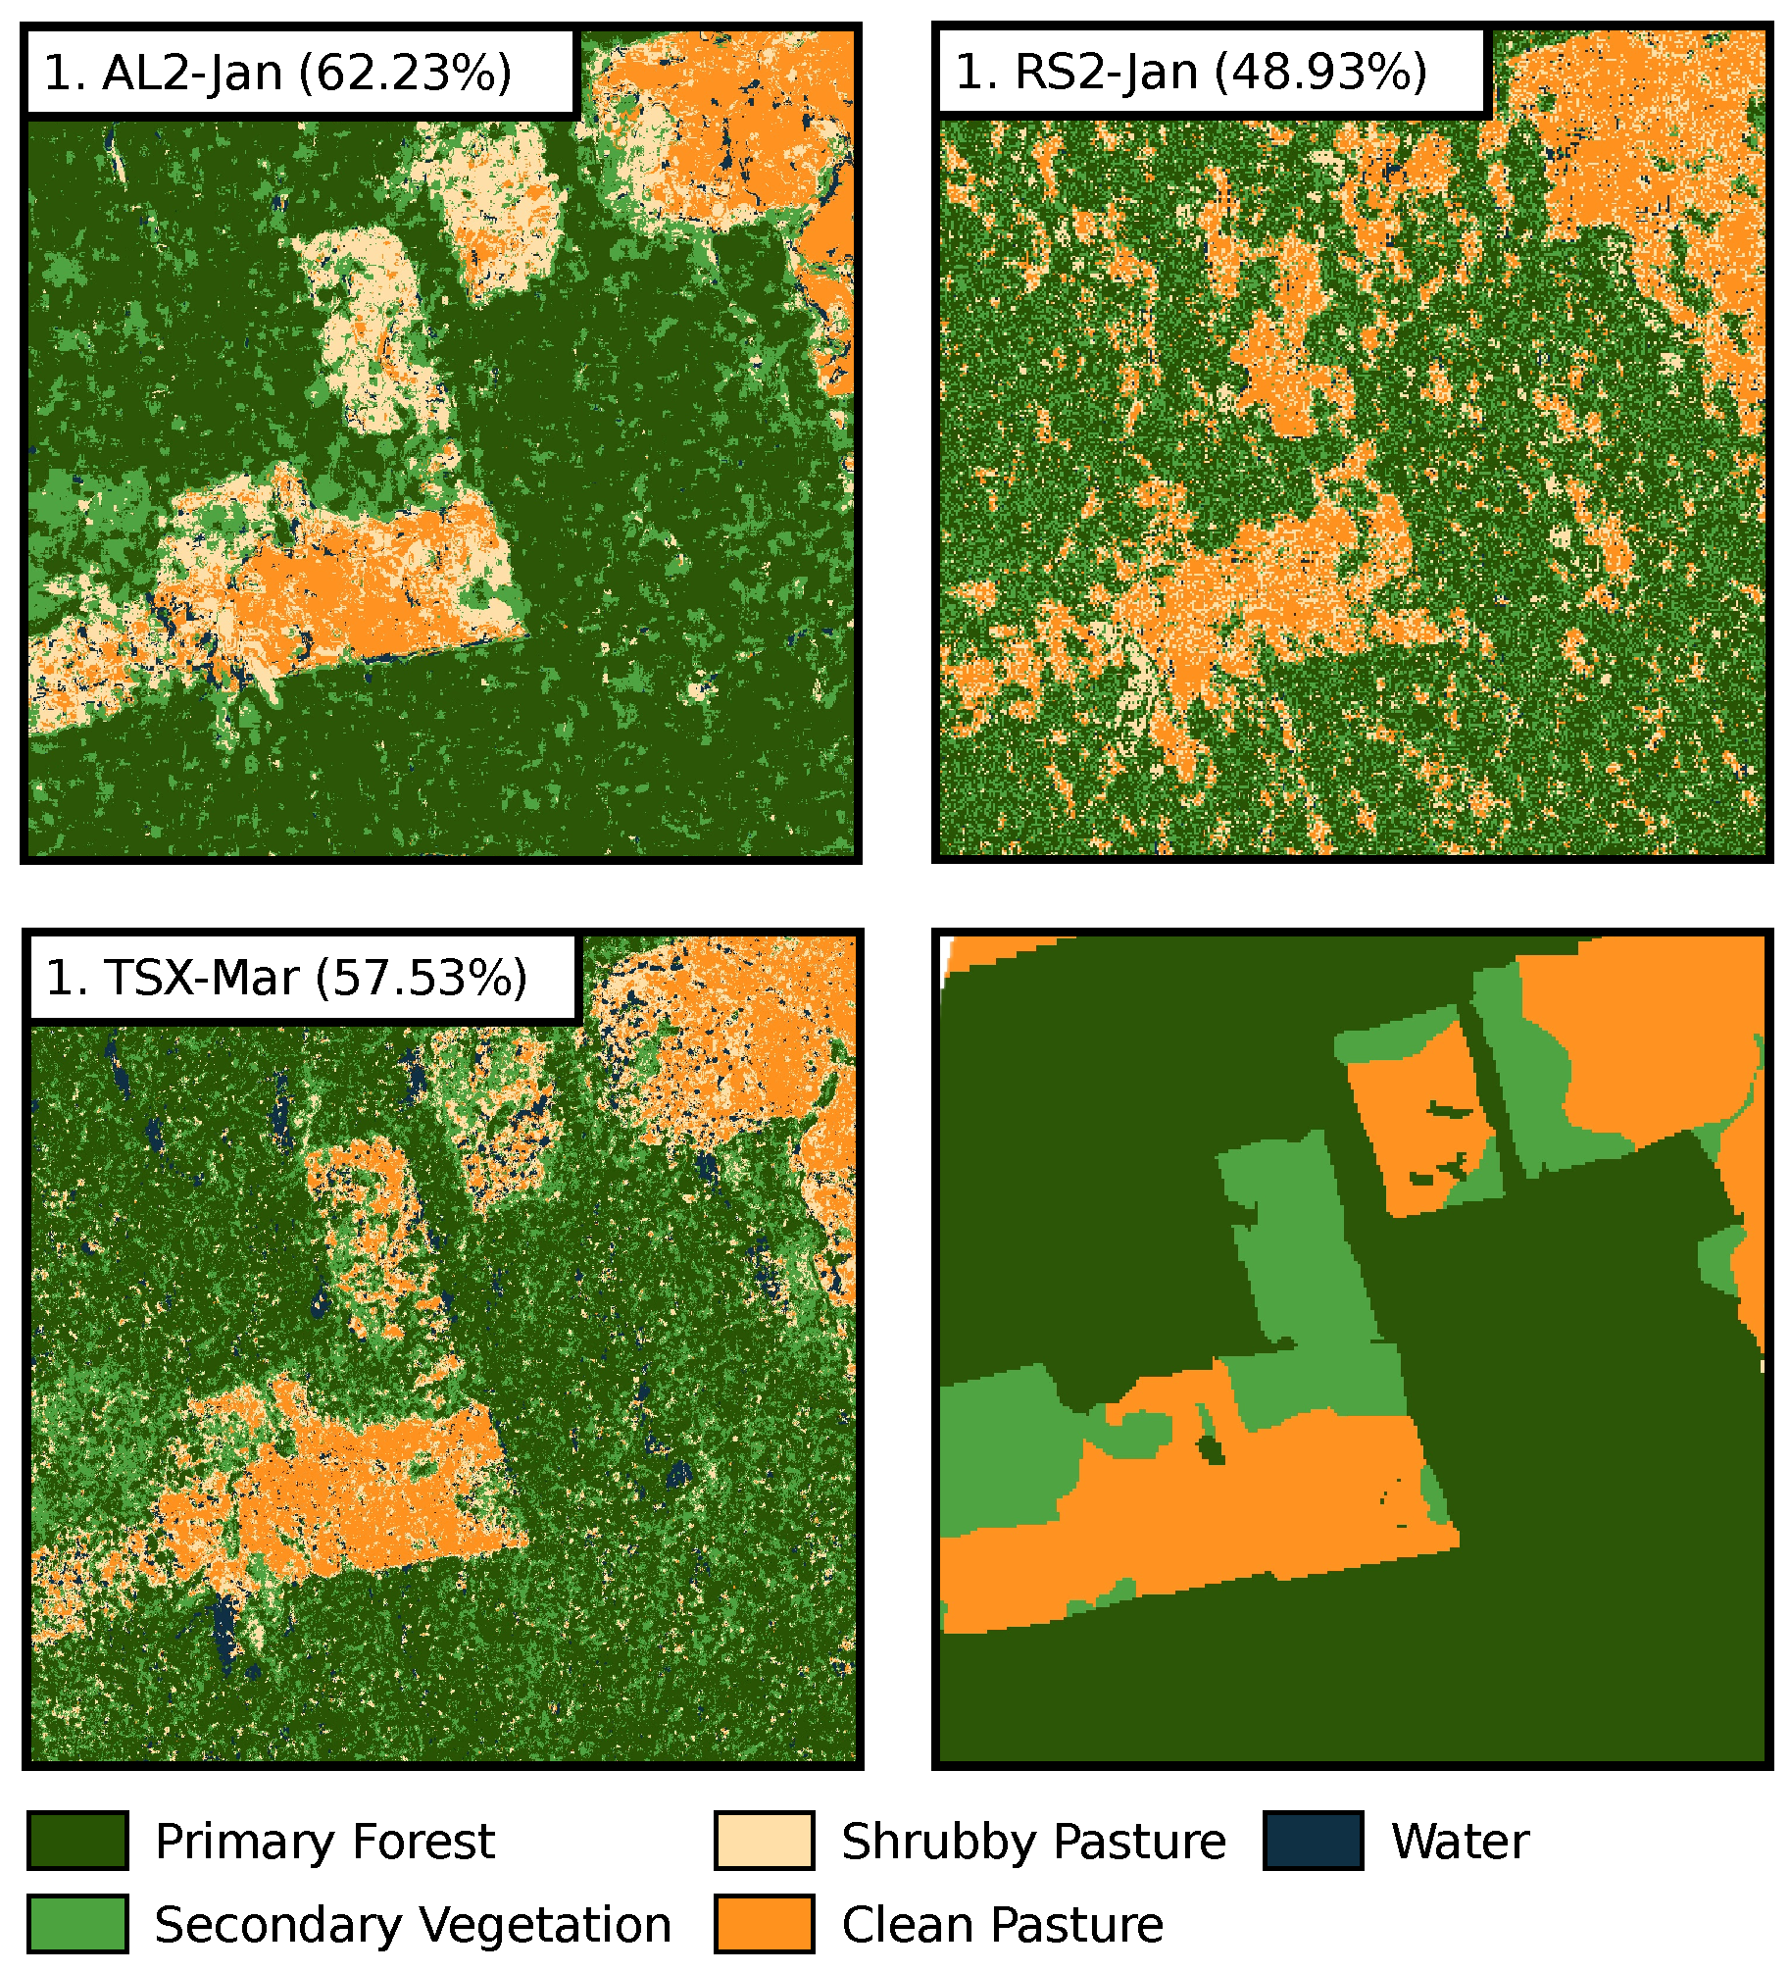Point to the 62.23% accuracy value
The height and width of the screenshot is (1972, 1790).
404,73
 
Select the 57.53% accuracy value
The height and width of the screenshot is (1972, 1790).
421,978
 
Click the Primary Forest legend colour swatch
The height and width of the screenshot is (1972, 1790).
77,1841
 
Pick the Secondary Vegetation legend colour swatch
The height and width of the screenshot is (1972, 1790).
77,1924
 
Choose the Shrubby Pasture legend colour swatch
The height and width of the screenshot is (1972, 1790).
764,1841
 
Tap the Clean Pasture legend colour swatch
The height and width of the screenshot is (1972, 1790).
764,1924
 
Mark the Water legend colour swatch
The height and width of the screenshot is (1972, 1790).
1313,1841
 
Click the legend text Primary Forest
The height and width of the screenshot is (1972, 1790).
324,1842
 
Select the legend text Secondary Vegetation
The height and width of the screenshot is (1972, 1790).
413,1925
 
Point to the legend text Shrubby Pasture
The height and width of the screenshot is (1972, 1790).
1033,1842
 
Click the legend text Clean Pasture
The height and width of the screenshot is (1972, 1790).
1002,1925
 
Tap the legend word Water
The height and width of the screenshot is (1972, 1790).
1460,1842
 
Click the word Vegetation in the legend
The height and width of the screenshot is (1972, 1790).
537,1925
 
